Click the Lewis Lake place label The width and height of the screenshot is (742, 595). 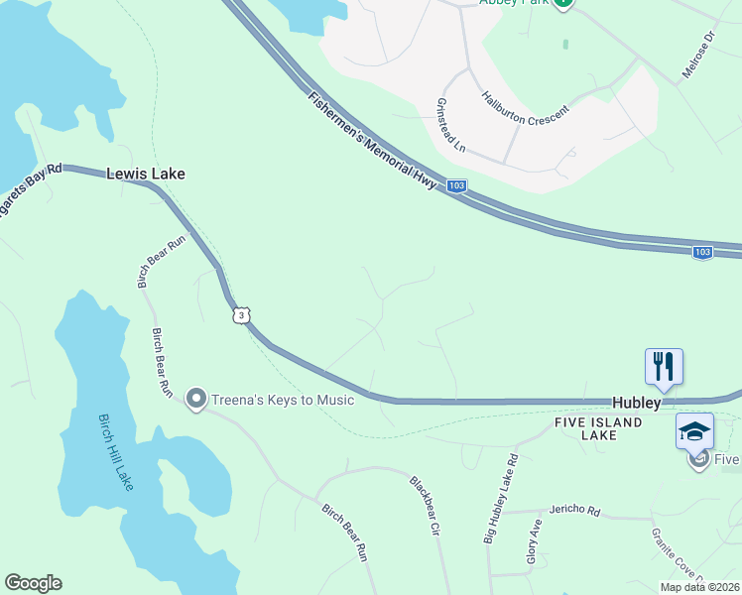[x=146, y=174]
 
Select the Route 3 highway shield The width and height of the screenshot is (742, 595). [x=242, y=315]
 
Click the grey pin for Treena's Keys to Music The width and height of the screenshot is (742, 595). [x=195, y=400]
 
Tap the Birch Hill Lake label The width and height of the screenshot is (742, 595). [x=115, y=451]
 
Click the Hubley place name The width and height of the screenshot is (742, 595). [x=636, y=404]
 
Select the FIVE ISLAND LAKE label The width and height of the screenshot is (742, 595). [x=598, y=428]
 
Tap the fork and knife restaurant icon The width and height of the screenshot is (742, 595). [x=664, y=367]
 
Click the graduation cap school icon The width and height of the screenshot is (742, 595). [x=694, y=431]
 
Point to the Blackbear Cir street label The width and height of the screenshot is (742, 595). [x=425, y=506]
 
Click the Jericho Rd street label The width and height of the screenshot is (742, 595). [x=579, y=512]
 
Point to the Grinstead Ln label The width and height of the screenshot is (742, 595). [x=451, y=125]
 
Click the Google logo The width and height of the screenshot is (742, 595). [x=33, y=583]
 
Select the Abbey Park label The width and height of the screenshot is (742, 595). [x=515, y=3]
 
